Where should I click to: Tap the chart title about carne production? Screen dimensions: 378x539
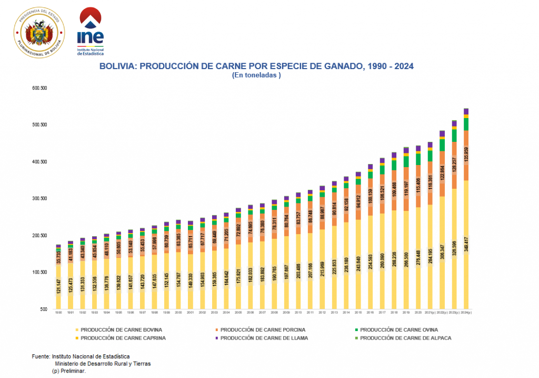pos(256,66)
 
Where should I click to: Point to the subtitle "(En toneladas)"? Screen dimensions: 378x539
pos(256,75)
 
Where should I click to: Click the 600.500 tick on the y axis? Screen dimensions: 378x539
pos(40,88)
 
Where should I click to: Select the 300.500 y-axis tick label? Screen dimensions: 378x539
pos(40,199)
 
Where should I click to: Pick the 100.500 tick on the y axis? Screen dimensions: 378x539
pos(40,273)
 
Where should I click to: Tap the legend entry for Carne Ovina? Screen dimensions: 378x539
pos(400,330)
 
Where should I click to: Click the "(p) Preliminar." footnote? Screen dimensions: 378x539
pos(68,371)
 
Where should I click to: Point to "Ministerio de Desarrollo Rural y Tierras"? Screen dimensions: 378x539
pos(103,364)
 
